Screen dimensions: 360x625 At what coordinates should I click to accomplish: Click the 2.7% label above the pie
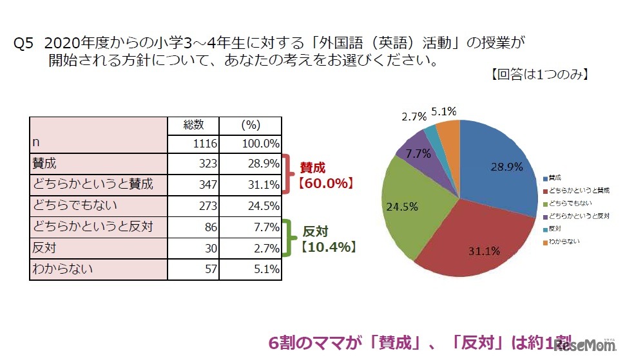(414, 117)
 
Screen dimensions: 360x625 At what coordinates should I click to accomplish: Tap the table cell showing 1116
(204, 144)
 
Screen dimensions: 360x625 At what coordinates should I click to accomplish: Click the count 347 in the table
(207, 185)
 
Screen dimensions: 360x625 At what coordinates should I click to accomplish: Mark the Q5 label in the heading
(23, 44)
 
